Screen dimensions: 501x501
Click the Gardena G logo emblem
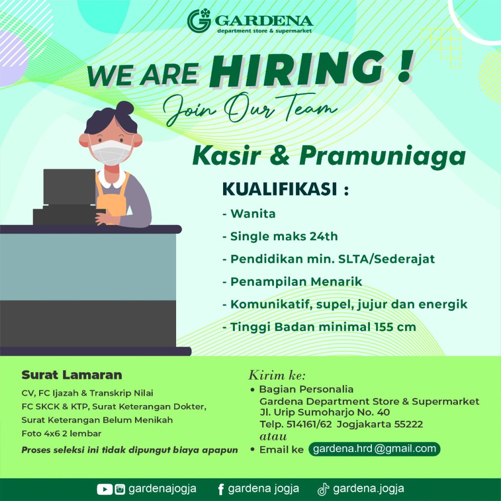pyautogui.click(x=199, y=21)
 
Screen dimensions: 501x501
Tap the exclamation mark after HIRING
pyautogui.click(x=406, y=67)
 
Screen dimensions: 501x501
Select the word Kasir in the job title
pyautogui.click(x=227, y=155)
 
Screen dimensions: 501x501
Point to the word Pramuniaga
pyautogui.click(x=383, y=157)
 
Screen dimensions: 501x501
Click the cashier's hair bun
pyautogui.click(x=125, y=108)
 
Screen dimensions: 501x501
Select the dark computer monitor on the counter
pyautogui.click(x=69, y=186)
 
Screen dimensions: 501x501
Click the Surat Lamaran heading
pyautogui.click(x=72, y=375)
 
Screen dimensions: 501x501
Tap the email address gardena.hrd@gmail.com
pyautogui.click(x=374, y=449)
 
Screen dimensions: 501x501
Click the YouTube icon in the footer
pyautogui.click(x=105, y=489)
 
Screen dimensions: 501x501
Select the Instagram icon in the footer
pyautogui.click(x=120, y=489)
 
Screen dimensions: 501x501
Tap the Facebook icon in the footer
pyautogui.click(x=221, y=489)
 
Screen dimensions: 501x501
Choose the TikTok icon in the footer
pyautogui.click(x=323, y=489)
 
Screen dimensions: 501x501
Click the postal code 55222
pyautogui.click(x=409, y=424)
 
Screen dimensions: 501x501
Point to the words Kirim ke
pyautogui.click(x=277, y=375)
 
